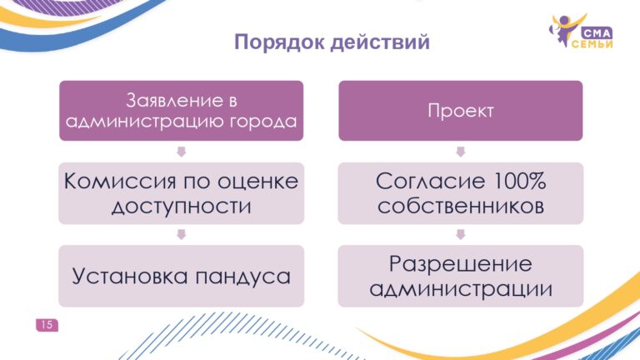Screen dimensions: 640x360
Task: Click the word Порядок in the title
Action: click(279, 42)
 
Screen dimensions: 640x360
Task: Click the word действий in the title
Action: click(380, 42)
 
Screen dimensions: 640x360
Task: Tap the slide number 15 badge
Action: click(47, 325)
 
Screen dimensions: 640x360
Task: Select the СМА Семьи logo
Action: click(581, 31)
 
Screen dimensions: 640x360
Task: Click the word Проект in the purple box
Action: click(460, 111)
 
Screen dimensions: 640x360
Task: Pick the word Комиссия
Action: click(120, 181)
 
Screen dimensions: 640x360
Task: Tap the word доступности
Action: click(181, 206)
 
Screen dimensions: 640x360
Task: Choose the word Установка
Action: click(130, 276)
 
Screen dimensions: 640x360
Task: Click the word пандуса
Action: click(242, 277)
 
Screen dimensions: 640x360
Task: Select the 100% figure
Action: click(520, 181)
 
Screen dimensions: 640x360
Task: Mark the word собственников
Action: click(460, 206)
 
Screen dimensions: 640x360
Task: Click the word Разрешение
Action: click(460, 263)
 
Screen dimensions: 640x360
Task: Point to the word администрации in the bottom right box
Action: click(460, 289)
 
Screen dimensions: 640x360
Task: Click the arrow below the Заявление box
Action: click(181, 152)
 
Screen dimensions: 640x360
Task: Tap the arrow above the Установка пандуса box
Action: click(181, 234)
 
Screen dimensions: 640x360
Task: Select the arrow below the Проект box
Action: click(460, 152)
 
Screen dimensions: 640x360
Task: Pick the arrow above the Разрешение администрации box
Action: click(460, 234)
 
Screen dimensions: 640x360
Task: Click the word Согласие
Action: click(430, 181)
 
